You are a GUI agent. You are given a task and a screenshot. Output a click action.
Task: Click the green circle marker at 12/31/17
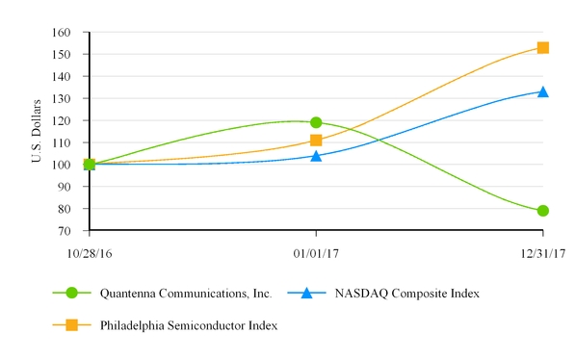click(543, 211)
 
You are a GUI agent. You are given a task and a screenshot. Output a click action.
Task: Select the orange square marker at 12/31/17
click(543, 47)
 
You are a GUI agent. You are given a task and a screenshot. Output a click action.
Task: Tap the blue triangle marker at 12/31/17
click(543, 91)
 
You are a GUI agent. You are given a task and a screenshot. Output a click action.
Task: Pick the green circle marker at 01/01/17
click(316, 122)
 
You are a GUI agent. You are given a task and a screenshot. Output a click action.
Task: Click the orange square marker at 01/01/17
click(316, 141)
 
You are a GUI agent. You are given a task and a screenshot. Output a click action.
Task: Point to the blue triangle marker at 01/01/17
click(316, 155)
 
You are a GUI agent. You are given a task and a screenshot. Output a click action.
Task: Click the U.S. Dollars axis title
click(37, 131)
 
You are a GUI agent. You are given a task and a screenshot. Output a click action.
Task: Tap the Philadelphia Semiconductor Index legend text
click(189, 325)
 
